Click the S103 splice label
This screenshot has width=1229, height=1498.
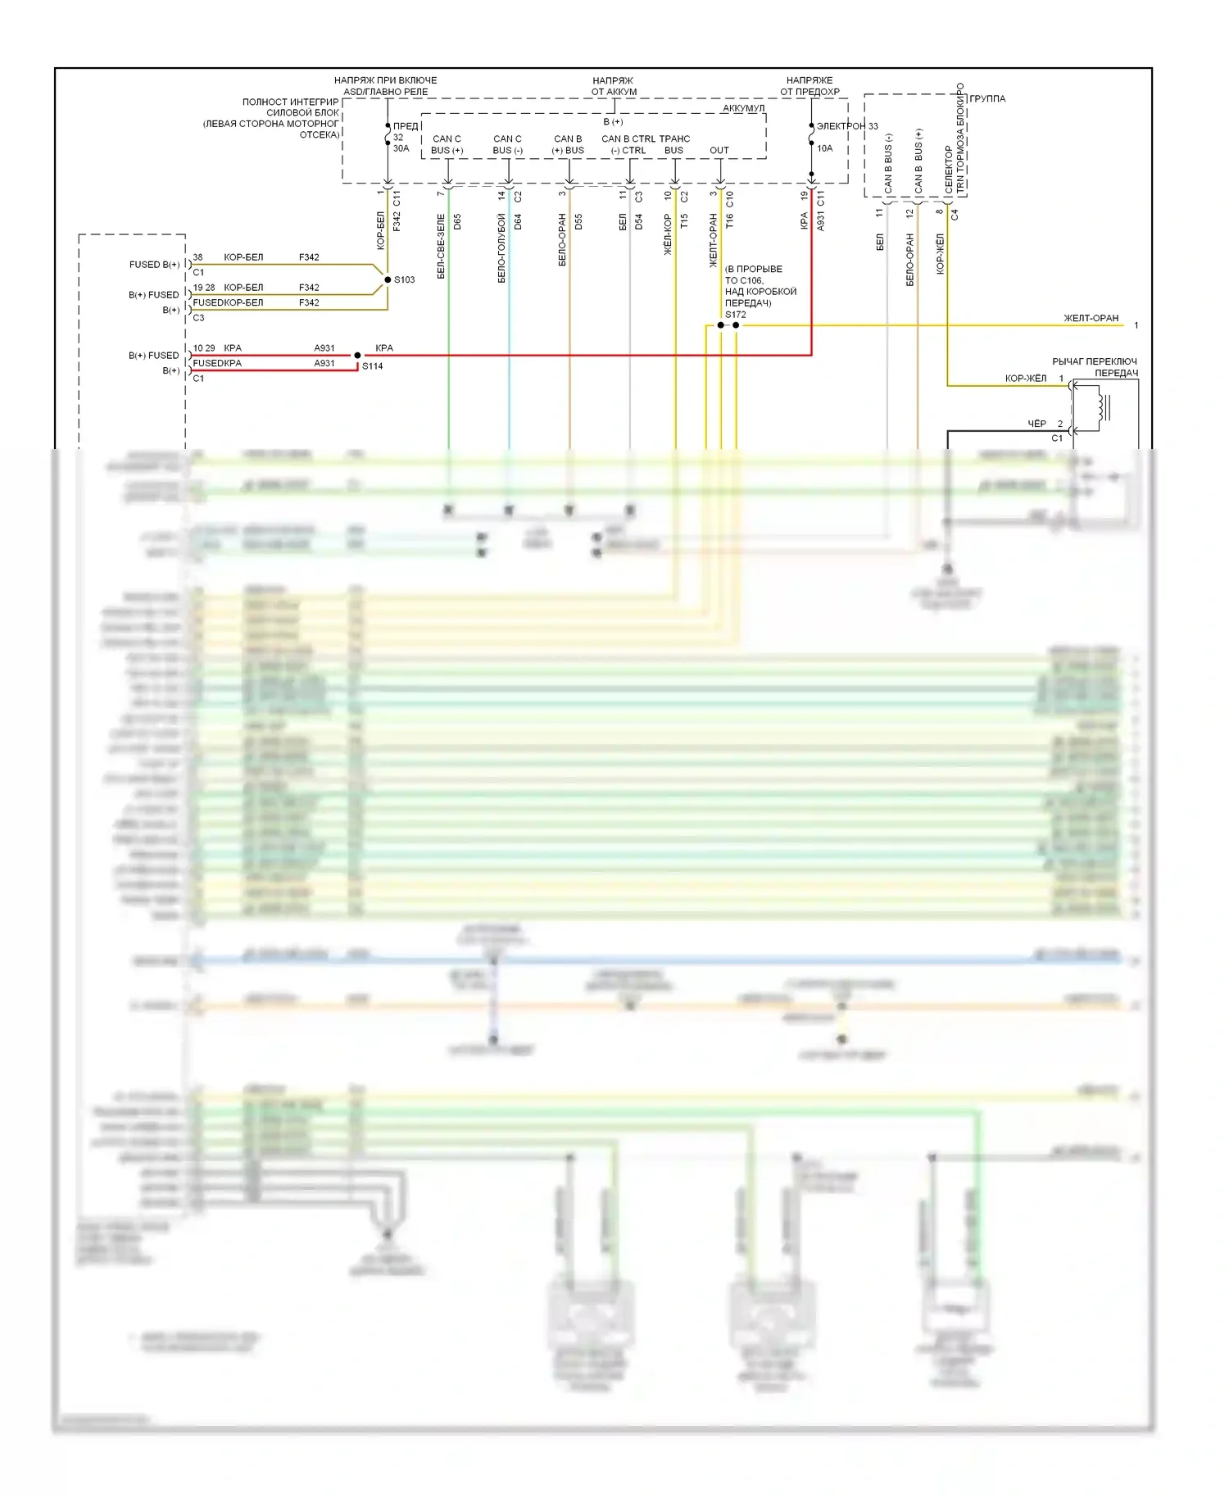[x=404, y=280]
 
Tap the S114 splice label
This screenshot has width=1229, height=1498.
[x=373, y=366]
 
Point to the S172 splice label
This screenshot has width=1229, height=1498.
[x=735, y=315]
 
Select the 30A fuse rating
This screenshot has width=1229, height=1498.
[x=401, y=148]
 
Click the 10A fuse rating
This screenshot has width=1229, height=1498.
[x=824, y=148]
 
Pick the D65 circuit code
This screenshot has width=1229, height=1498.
[x=457, y=221]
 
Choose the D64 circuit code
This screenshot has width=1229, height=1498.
[x=518, y=221]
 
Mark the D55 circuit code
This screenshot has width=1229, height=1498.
[x=578, y=221]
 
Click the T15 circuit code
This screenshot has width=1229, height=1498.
[x=684, y=221]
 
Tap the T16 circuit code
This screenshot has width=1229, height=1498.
[x=729, y=221]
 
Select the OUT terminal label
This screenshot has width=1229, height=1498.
[x=719, y=151]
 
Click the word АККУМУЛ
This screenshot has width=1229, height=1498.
[x=743, y=108]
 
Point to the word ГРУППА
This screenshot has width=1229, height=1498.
[x=987, y=99]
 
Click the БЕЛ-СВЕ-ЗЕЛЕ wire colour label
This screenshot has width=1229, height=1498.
[x=442, y=247]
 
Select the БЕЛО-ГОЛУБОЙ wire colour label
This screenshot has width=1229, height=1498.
[x=502, y=248]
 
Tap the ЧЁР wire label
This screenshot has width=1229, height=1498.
[x=1036, y=424]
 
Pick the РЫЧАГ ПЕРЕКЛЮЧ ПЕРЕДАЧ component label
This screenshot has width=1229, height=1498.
[x=1095, y=367]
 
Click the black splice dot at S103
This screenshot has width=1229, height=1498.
[x=388, y=280]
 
